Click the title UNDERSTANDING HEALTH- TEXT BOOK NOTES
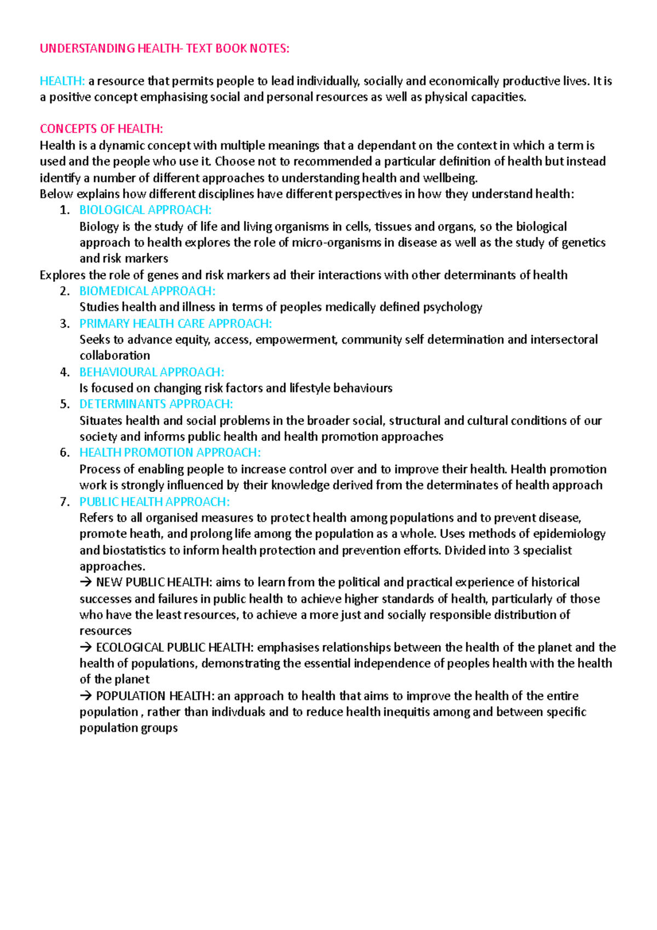point(164,48)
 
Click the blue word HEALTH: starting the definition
point(62,81)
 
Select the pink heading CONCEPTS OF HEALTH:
point(101,129)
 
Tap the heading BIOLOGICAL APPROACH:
point(145,210)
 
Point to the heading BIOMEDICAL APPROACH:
point(147,291)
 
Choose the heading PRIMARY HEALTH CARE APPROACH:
point(175,323)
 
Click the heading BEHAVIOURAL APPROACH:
point(152,372)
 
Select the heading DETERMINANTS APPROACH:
point(156,404)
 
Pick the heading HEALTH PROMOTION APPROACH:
point(170,452)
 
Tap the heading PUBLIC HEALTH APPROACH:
point(154,502)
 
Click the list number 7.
point(65,502)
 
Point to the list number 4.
point(65,372)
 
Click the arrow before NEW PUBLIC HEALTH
point(86,582)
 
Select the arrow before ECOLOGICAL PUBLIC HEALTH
point(86,647)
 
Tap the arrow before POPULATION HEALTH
point(86,696)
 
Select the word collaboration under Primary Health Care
point(114,355)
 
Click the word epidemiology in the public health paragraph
point(569,533)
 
